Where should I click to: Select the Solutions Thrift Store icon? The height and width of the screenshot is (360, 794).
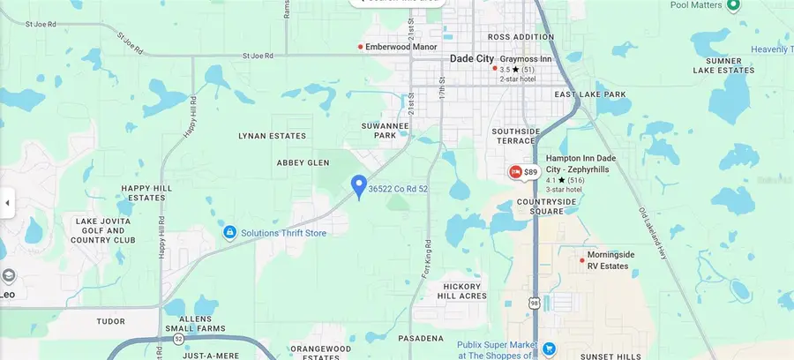pos(229,233)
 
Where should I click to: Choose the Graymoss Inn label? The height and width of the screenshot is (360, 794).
pos(526,59)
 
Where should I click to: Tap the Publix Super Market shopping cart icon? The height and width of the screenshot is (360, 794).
pos(548,349)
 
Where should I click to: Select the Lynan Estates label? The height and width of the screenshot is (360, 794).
pos(273,136)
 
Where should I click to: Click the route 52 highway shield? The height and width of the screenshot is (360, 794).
pos(179,338)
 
